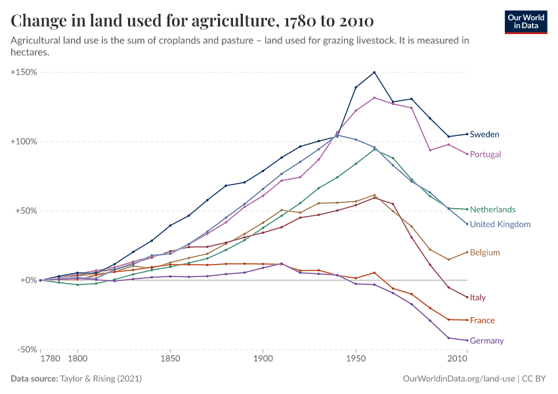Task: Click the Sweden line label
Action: tap(484, 135)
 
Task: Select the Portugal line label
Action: tap(485, 154)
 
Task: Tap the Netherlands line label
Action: tap(492, 210)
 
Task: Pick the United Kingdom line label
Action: tap(500, 225)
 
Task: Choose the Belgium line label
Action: tap(485, 253)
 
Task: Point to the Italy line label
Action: tap(478, 297)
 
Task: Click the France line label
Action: tap(482, 320)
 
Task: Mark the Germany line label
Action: tap(486, 341)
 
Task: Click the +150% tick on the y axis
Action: tap(24, 72)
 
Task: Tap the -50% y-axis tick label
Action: tap(26, 350)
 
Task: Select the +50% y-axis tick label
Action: tap(26, 211)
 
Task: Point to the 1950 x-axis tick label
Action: tap(356, 360)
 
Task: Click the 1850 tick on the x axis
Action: tap(170, 360)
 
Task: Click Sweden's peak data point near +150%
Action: tap(374, 72)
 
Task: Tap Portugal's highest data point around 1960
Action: tap(374, 98)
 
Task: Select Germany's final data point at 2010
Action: tap(467, 340)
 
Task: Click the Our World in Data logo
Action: tap(526, 22)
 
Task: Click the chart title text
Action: tap(192, 21)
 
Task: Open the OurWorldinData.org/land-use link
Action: tap(458, 379)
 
